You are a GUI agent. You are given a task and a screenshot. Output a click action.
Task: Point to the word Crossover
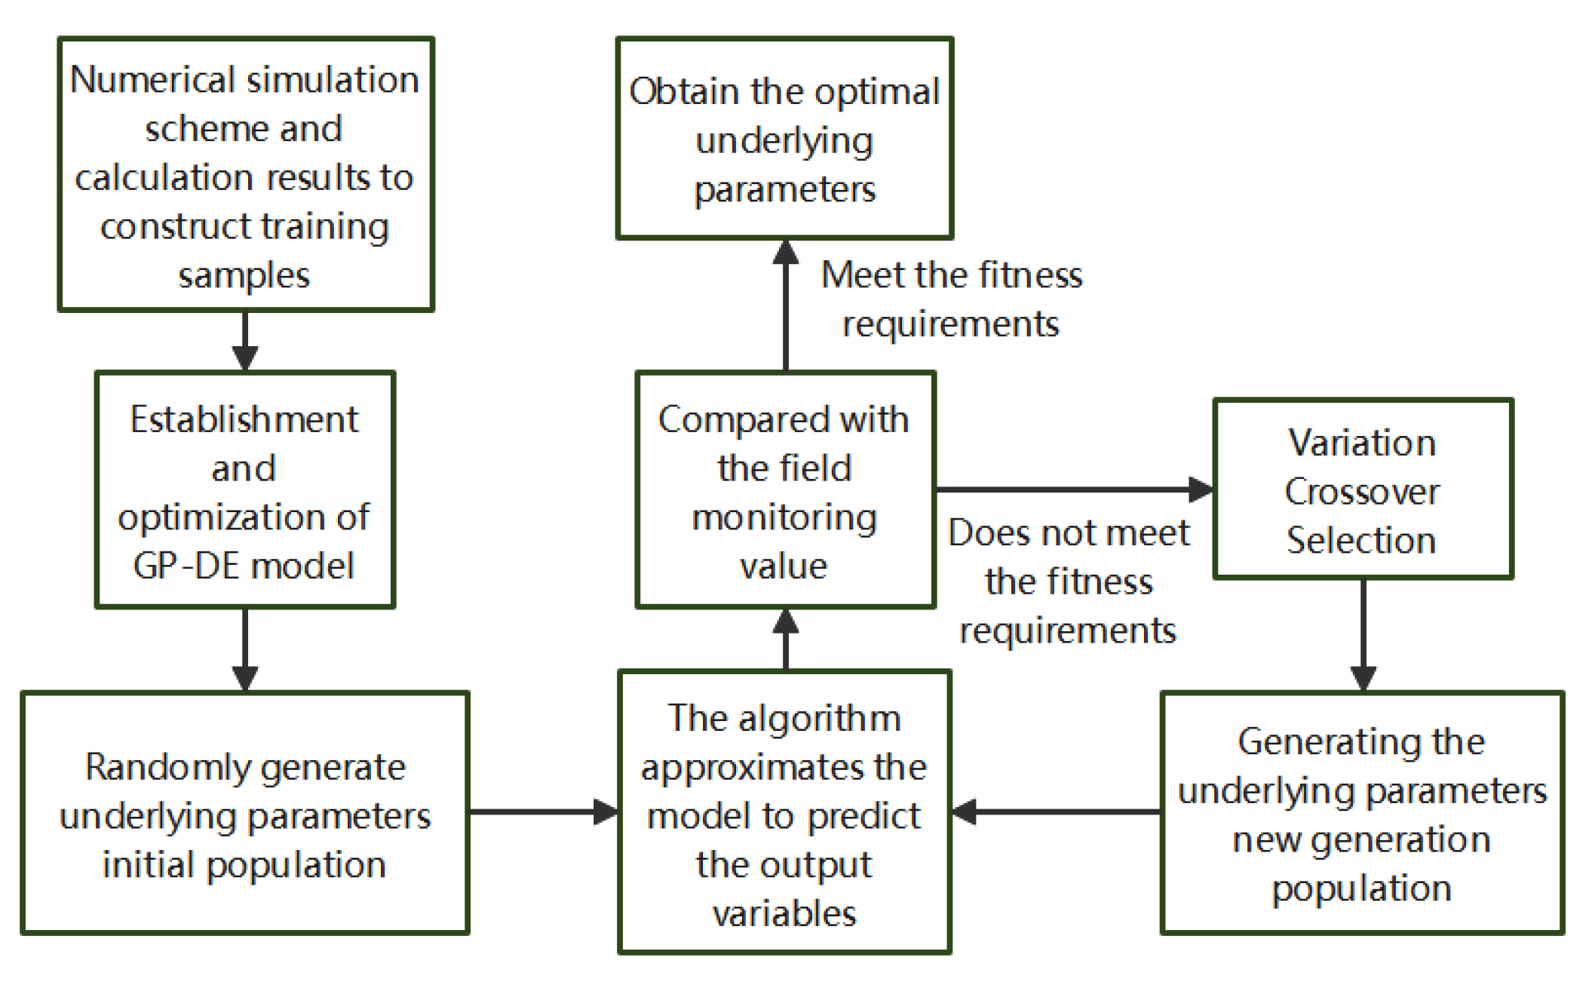(x=1362, y=493)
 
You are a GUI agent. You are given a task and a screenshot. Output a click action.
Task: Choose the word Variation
(x=1362, y=443)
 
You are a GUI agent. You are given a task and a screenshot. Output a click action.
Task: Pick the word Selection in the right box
(x=1361, y=541)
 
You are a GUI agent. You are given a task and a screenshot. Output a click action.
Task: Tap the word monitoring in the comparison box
(x=784, y=518)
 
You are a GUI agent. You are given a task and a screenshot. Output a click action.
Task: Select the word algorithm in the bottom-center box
(x=820, y=719)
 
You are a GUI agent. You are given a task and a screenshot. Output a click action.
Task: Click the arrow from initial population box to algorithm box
(x=543, y=812)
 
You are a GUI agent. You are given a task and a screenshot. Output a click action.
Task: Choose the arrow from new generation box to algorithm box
(x=1056, y=812)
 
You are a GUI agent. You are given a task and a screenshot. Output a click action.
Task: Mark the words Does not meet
(x=1069, y=533)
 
